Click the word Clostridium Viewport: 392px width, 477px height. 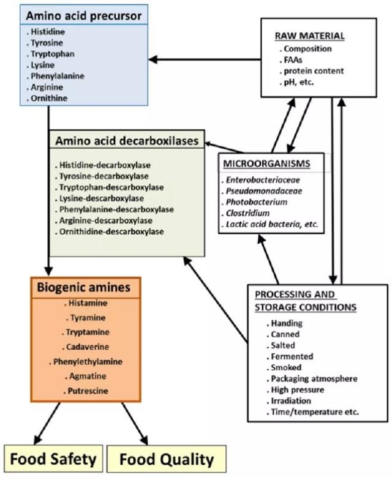(252, 213)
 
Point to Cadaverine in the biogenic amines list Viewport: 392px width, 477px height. (85, 347)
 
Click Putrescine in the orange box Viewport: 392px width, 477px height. (85, 391)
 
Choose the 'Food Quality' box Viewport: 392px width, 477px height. (166, 459)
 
